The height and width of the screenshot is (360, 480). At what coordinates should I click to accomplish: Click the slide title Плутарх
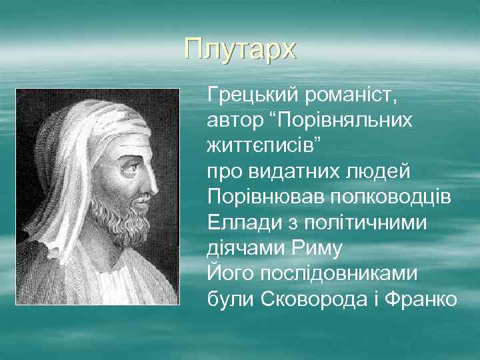(240, 49)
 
